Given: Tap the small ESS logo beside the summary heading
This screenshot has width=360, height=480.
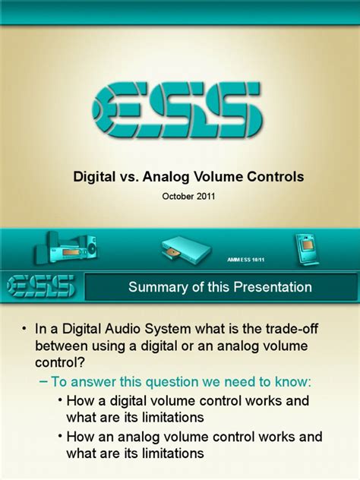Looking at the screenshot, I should click(40, 286).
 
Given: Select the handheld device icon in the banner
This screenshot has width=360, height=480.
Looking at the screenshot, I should click(305, 249).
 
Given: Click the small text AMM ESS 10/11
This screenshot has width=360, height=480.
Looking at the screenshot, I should click(246, 260).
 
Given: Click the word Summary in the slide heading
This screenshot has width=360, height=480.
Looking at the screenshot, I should click(156, 287).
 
